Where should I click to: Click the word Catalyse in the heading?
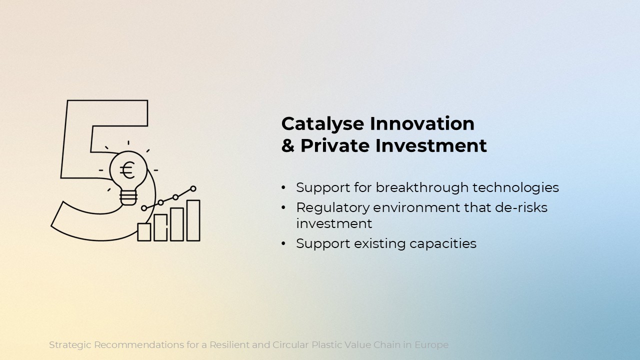322,124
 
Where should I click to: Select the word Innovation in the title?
422,123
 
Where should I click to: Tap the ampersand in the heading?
287,145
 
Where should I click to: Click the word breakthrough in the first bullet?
422,188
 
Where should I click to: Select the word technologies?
515,188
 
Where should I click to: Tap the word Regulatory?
332,208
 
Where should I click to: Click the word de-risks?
521,207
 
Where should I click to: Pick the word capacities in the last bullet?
443,244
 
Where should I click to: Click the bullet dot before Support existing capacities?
283,243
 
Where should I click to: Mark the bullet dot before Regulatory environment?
283,207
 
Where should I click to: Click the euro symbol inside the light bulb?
127,170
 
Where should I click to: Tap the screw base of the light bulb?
128,197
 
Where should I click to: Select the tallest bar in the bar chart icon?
193,220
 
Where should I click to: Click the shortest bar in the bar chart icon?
144,232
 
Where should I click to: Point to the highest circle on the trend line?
193,188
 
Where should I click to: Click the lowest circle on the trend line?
144,208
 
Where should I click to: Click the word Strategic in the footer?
70,345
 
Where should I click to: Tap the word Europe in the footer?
431,345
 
